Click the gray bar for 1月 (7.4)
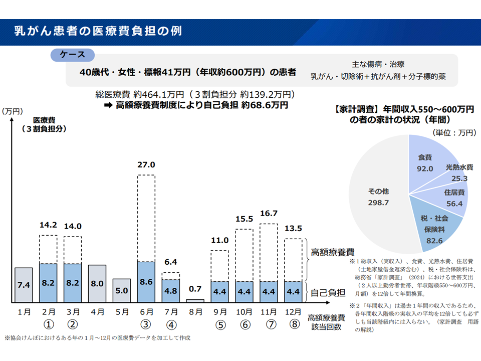(24, 285)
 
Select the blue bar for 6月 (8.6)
(146, 282)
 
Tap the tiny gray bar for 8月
(195, 301)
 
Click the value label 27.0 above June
(146, 164)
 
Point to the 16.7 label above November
(269, 214)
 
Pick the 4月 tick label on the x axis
(97, 311)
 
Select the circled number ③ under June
(146, 325)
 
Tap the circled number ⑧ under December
(294, 325)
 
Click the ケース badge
(73, 55)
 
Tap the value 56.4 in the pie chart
(453, 203)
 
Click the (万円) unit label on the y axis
(13, 111)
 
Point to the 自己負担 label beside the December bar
(326, 292)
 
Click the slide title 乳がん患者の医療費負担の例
(98, 31)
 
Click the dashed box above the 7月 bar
(171, 276)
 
